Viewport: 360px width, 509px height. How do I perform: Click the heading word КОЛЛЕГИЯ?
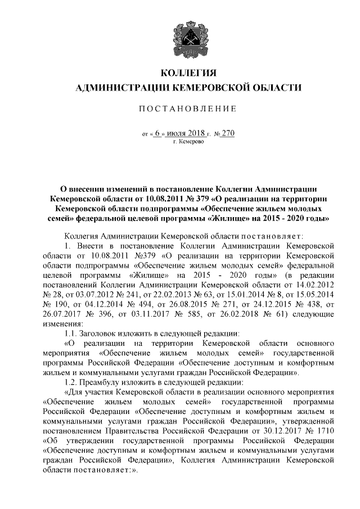(x=188, y=74)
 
